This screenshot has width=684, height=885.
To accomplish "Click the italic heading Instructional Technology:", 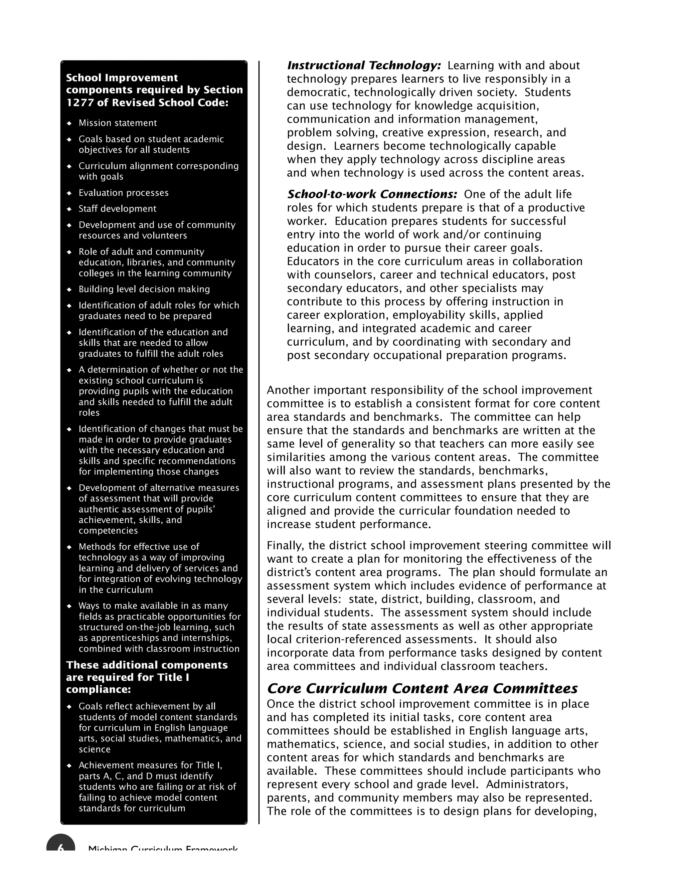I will pyautogui.click(x=363, y=66).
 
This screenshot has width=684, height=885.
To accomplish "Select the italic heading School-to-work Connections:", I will pyautogui.click(x=372, y=194).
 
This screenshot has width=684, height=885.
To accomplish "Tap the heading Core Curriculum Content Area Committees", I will pyautogui.click(x=422, y=689).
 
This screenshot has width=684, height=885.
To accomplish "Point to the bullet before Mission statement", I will pyautogui.click(x=69, y=123).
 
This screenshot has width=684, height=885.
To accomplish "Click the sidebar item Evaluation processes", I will pyautogui.click(x=123, y=193).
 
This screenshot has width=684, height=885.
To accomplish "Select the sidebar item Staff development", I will pyautogui.click(x=117, y=209).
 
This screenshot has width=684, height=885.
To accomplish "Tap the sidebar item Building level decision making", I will pyautogui.click(x=144, y=289).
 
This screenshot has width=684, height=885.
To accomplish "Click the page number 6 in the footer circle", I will pyautogui.click(x=61, y=848).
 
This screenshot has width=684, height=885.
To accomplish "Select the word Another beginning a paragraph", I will pyautogui.click(x=288, y=390).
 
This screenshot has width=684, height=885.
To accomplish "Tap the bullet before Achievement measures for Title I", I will pyautogui.click(x=69, y=766).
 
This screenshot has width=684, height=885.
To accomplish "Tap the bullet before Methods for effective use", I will pyautogui.click(x=69, y=547).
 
